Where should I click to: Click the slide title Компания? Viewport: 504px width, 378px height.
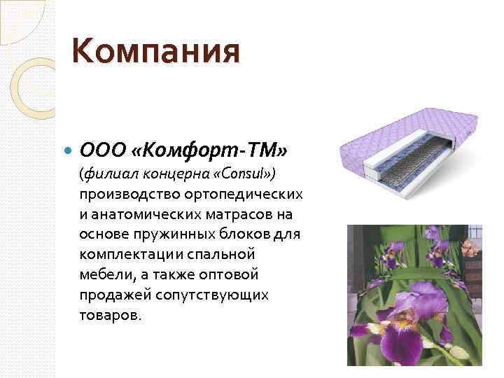[156, 51]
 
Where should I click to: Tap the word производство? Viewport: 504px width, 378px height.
[126, 193]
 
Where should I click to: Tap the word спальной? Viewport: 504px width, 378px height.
[224, 254]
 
